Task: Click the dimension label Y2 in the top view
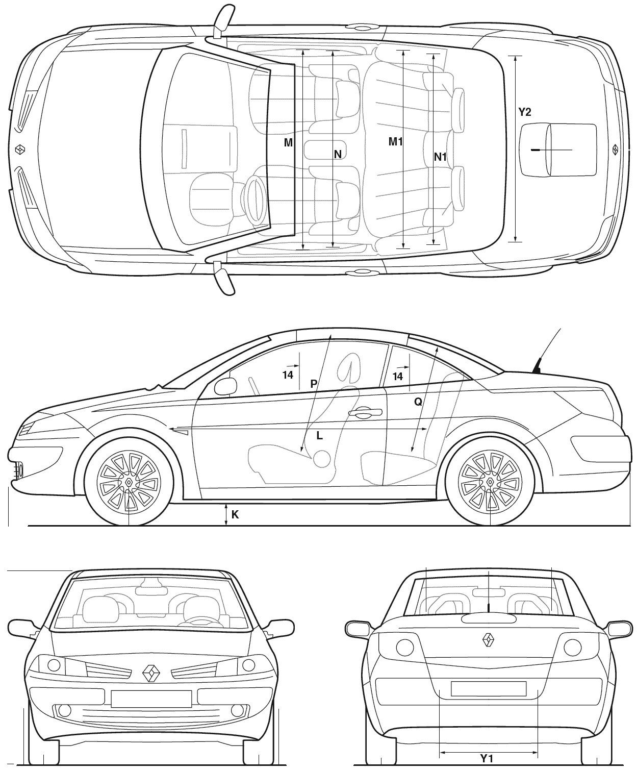tap(524, 112)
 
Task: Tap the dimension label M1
tap(395, 141)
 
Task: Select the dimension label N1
tap(440, 157)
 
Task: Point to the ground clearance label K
tap(235, 515)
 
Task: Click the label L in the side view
tap(320, 436)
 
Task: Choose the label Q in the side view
tap(418, 402)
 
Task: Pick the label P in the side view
tap(314, 384)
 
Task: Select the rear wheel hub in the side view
tap(490, 482)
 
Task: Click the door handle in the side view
tap(364, 412)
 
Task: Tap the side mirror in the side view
tap(225, 386)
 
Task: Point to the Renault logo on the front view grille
tap(151, 674)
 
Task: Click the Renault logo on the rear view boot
tap(488, 640)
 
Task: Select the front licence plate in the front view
tap(151, 699)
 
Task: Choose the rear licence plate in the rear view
tap(488, 689)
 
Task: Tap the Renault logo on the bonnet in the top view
tap(19, 149)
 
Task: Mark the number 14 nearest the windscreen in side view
tap(288, 375)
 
